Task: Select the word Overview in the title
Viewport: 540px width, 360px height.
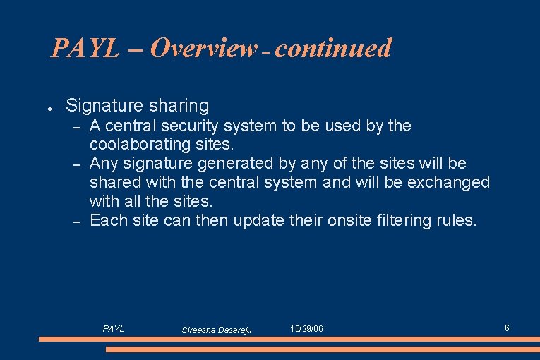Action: pos(203,48)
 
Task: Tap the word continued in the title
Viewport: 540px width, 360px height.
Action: pos(333,48)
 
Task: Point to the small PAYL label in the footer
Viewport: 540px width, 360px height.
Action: pos(114,329)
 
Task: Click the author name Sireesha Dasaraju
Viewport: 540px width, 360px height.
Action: pos(217,330)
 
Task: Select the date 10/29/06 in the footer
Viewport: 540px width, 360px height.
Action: pos(307,329)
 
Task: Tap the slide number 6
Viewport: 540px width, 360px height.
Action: pos(507,328)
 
